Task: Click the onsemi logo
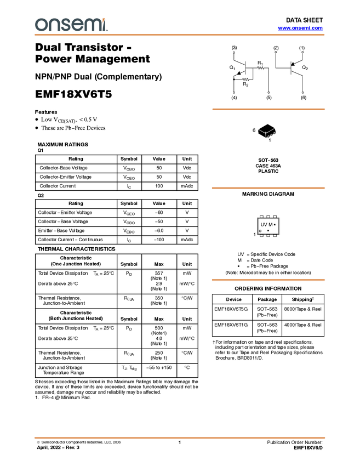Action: pos(71,25)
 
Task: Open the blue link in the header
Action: pos(300,28)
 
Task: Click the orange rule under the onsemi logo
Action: pos(180,35)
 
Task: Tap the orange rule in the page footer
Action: pos(180,438)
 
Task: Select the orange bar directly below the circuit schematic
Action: pos(268,109)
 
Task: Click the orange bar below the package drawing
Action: pos(268,188)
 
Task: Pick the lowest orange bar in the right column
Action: pos(268,280)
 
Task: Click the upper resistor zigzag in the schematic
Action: pos(261,68)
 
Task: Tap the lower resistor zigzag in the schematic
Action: pos(246,79)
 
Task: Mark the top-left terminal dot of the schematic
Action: pos(233,53)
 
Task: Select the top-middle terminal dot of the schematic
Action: pos(276,53)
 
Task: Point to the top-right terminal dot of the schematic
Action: pos(302,52)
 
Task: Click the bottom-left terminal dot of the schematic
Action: pos(233,92)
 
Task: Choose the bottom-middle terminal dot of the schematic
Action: pos(268,93)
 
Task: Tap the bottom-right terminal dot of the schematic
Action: pos(302,92)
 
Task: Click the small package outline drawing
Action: pos(267,133)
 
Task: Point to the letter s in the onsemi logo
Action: pos(64,25)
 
